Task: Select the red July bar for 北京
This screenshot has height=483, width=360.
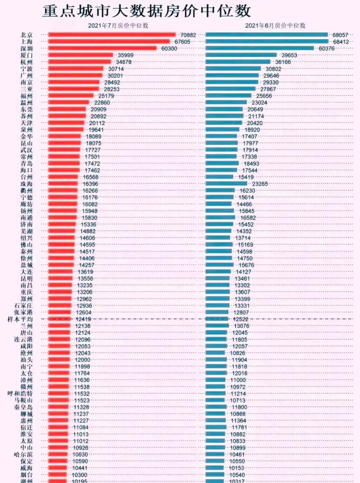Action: point(112,35)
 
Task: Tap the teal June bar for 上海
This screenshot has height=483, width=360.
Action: point(268,42)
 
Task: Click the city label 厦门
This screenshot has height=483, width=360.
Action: point(27,56)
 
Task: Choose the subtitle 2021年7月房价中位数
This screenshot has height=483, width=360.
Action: point(118,25)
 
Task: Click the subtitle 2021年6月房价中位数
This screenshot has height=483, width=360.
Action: point(275,25)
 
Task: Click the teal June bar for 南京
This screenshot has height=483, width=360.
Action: point(232,83)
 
